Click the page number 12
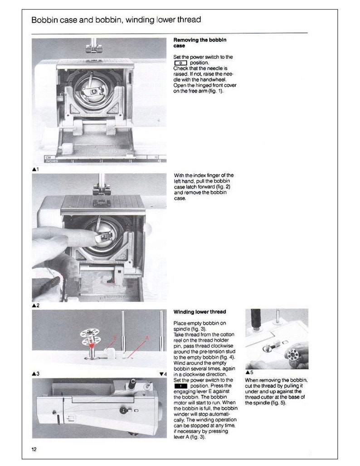tap(34, 449)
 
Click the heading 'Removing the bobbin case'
tap(200, 43)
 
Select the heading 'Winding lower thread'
tap(200, 312)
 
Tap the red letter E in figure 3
tap(116, 338)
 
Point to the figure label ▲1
tap(35, 170)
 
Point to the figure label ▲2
tap(35, 306)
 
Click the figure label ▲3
tap(36, 374)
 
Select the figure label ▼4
tap(163, 374)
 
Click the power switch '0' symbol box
tap(181, 63)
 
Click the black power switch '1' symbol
tap(181, 386)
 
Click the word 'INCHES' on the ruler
tap(51, 161)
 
